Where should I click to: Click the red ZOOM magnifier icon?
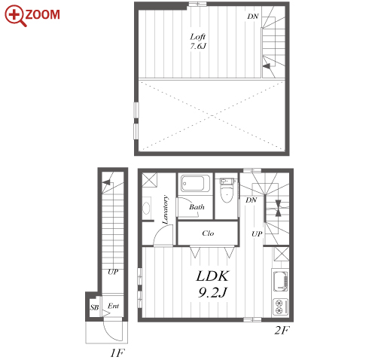coord(15,16)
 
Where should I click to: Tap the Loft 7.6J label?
coord(198,41)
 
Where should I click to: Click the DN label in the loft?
coord(252,17)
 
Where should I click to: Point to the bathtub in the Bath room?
coord(193,183)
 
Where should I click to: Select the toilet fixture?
coord(227,190)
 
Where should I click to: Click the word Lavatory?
coord(165,209)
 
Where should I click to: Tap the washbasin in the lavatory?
coord(146,208)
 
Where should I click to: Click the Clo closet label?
coord(208,233)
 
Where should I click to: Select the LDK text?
coord(212,276)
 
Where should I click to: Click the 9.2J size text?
coord(212,292)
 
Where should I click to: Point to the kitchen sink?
coord(280,281)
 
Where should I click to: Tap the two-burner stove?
coord(280,307)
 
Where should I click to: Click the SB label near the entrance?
coord(94,307)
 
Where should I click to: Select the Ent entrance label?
coord(113,306)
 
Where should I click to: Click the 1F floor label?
coord(117,353)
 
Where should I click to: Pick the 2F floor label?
coord(282,331)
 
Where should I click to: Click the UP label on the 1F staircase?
coord(113,272)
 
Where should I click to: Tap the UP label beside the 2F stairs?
coord(257,234)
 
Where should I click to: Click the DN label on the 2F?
coord(251,200)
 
